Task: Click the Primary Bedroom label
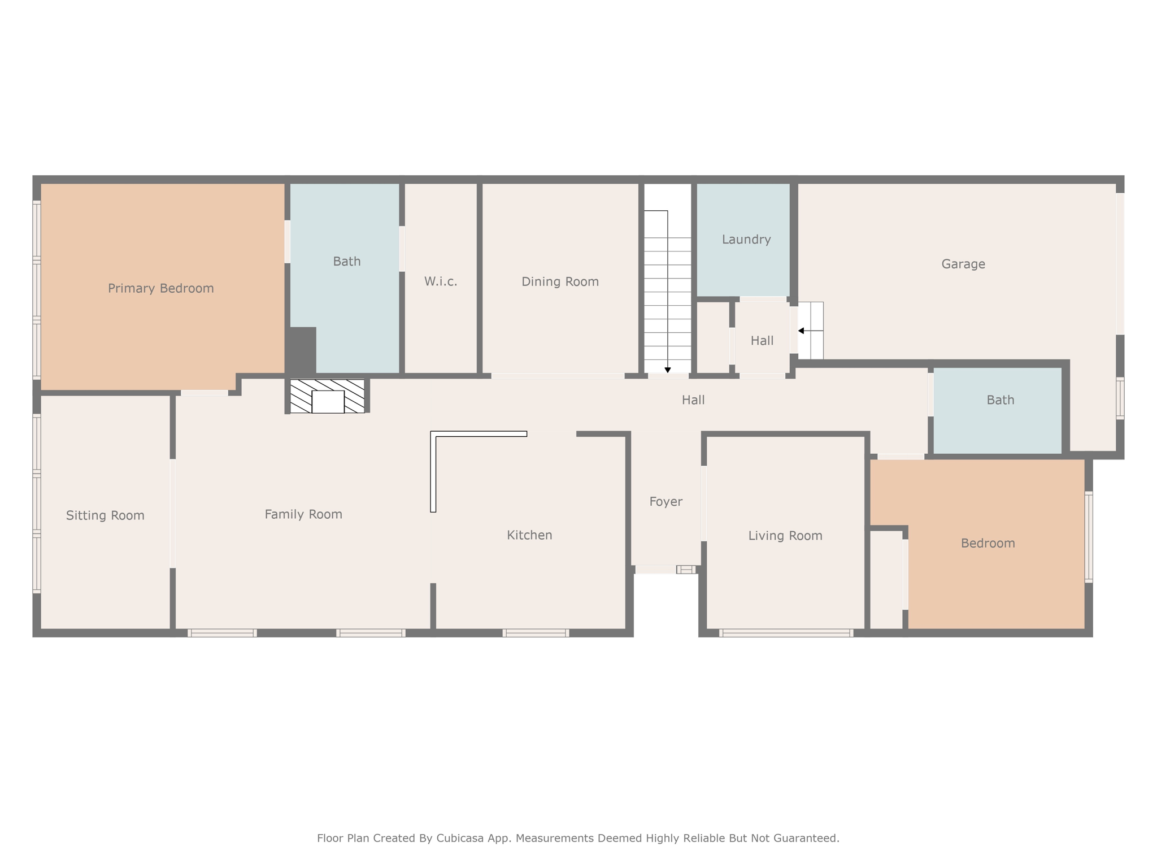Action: (x=161, y=288)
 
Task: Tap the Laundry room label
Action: (x=746, y=240)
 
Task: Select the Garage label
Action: (x=963, y=264)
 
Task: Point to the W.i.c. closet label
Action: (x=441, y=281)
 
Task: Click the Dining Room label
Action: (x=560, y=281)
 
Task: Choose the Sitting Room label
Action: (x=105, y=515)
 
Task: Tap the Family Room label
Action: (x=303, y=514)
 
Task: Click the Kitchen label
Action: (x=529, y=535)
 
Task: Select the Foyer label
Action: (x=666, y=502)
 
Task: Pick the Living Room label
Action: (x=785, y=536)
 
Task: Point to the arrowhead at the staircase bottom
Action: (x=668, y=370)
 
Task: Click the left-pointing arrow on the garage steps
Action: (x=811, y=331)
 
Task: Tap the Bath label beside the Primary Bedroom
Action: (x=347, y=262)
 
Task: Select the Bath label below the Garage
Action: (x=1001, y=400)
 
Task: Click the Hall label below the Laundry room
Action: (x=762, y=341)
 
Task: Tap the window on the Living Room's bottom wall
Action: (x=786, y=633)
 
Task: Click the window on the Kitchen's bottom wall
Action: (x=536, y=633)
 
